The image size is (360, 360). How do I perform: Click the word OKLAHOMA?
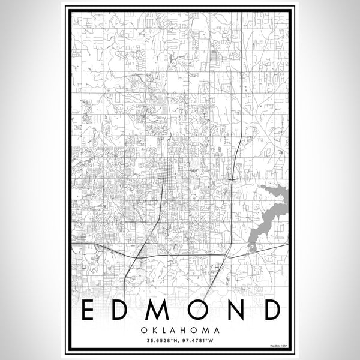pyautogui.click(x=180, y=330)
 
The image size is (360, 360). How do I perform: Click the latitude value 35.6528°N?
pyautogui.click(x=161, y=341)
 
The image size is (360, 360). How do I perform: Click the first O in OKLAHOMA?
pyautogui.click(x=146, y=330)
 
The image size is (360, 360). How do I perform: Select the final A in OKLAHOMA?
pyautogui.click(x=215, y=330)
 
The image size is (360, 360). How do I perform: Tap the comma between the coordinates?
pyautogui.click(x=179, y=343)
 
